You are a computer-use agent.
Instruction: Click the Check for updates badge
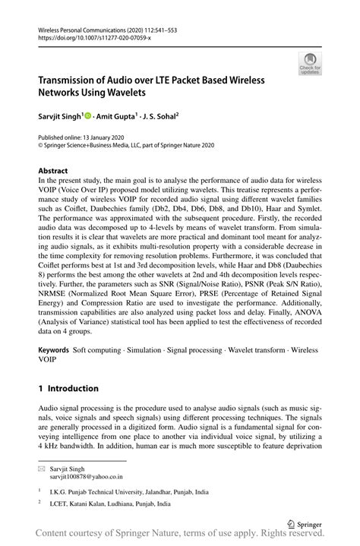(310, 64)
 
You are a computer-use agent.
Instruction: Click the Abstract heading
(53, 171)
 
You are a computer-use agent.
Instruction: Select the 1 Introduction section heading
(68, 388)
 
